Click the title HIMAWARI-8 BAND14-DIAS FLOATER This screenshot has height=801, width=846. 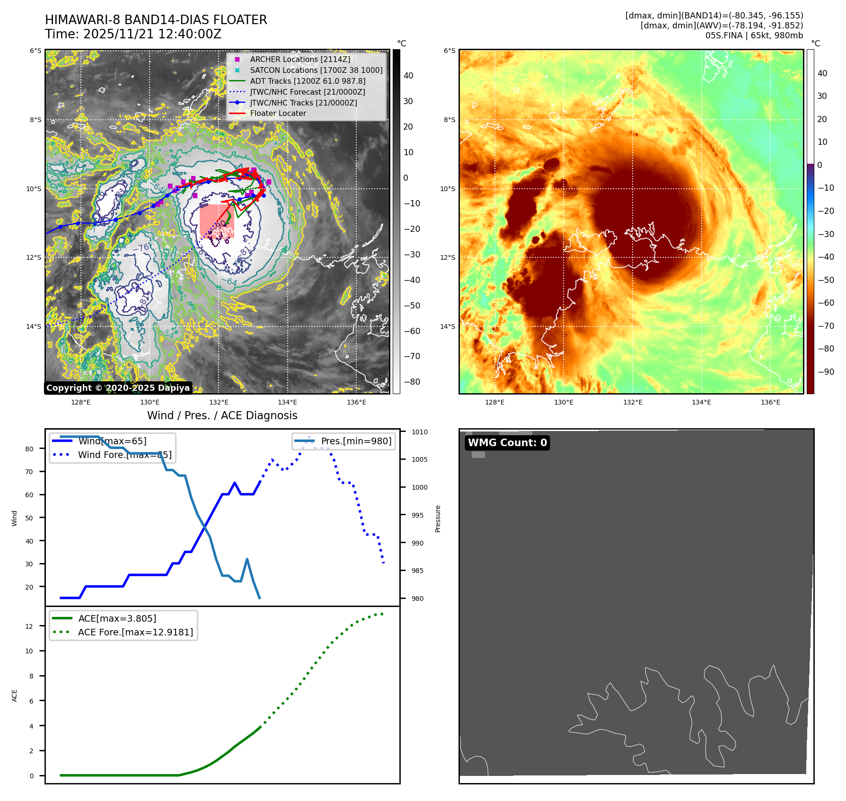[x=156, y=20]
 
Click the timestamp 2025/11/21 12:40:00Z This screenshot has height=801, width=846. [x=133, y=34]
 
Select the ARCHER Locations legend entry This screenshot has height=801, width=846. [x=300, y=59]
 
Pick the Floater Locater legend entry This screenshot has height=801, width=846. [x=278, y=114]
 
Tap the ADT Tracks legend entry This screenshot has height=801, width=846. [x=308, y=81]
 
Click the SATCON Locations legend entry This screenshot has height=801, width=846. [x=316, y=70]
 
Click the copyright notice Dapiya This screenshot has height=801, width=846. [x=118, y=388]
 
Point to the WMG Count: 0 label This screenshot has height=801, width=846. [x=507, y=443]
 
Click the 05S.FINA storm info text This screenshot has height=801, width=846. [x=754, y=35]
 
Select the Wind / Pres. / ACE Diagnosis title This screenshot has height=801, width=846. [x=222, y=415]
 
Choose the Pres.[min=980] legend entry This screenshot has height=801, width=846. [x=356, y=441]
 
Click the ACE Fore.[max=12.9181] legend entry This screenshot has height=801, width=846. [x=135, y=633]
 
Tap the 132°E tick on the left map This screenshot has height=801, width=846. [x=219, y=402]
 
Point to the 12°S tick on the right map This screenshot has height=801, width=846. [x=448, y=257]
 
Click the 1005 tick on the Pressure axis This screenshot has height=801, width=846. [x=419, y=459]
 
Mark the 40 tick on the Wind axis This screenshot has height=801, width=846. [x=29, y=541]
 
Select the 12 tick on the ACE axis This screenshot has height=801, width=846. [x=29, y=626]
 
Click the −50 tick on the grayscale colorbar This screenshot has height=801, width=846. [x=412, y=306]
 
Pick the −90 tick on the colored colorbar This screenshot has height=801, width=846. [x=826, y=372]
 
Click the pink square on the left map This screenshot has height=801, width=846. [x=217, y=221]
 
